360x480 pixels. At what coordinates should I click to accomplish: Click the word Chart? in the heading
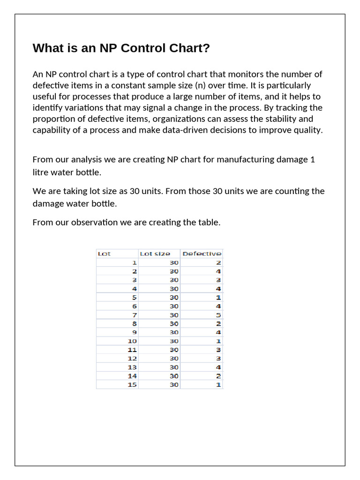187,48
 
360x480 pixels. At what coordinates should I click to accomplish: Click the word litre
41,172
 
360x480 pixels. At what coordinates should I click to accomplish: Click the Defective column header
202,254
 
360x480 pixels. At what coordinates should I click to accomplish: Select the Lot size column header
155,254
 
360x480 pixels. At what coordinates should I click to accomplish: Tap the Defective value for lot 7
218,315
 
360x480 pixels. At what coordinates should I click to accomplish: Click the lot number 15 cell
132,385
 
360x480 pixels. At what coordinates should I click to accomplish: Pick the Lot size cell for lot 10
174,341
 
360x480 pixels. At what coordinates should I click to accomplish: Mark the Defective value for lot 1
218,262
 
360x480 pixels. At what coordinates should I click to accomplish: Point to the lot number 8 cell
135,323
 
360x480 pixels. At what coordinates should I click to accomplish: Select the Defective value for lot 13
218,367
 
